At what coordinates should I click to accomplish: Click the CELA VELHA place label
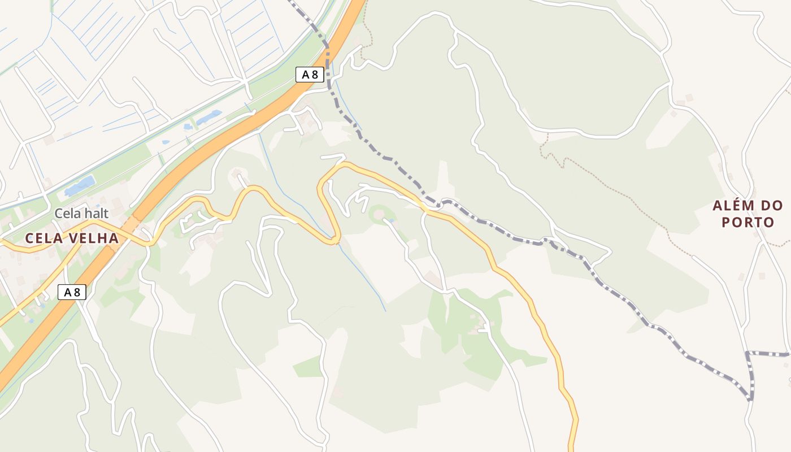click(72, 238)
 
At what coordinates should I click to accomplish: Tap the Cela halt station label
click(81, 214)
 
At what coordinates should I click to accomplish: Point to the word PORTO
click(747, 222)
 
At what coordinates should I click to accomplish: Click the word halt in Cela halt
click(96, 214)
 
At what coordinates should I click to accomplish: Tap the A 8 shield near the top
click(310, 74)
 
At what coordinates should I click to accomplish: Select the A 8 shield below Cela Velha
click(72, 292)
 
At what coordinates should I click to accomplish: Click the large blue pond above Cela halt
click(80, 185)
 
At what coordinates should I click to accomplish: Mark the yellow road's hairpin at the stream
click(335, 240)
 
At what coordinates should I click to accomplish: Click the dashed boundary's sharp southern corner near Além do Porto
click(751, 398)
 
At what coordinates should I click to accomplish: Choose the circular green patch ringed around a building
click(379, 214)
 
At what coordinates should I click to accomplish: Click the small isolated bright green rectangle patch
click(307, 367)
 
